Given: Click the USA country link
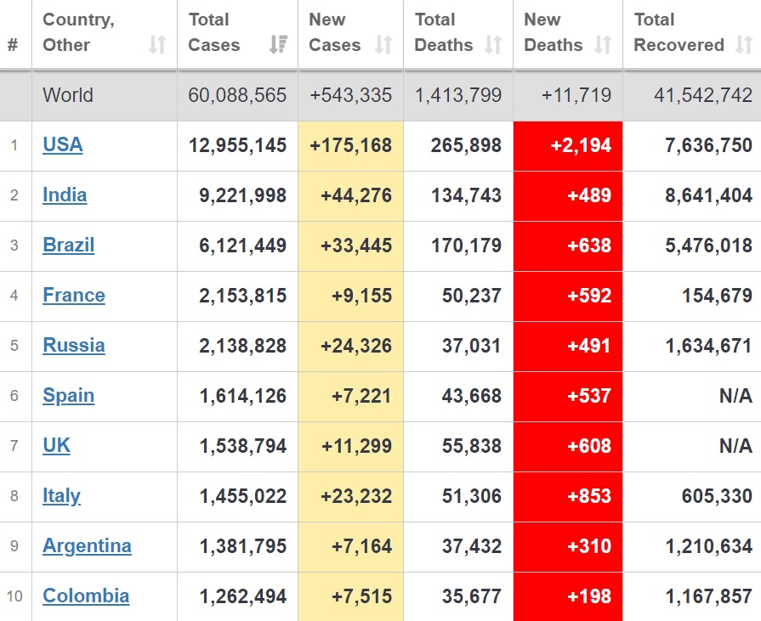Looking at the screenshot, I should pyautogui.click(x=63, y=145).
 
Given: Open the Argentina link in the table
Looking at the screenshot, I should pyautogui.click(x=87, y=546).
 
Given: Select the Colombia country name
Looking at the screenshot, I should pyautogui.click(x=86, y=596).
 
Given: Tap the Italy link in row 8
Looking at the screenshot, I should pyautogui.click(x=61, y=496).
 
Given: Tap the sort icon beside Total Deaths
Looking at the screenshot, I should pyautogui.click(x=493, y=45).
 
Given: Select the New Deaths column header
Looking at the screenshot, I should pyautogui.click(x=554, y=32).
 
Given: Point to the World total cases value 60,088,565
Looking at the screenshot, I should pyautogui.click(x=237, y=95).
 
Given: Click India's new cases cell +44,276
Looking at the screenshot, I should pyautogui.click(x=355, y=195).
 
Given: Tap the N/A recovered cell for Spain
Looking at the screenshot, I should pyautogui.click(x=735, y=396).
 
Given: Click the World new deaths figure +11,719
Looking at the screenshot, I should pyautogui.click(x=576, y=95).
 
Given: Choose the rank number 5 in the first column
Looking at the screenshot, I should pyautogui.click(x=14, y=346).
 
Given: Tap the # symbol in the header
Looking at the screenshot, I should pyautogui.click(x=13, y=45).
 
